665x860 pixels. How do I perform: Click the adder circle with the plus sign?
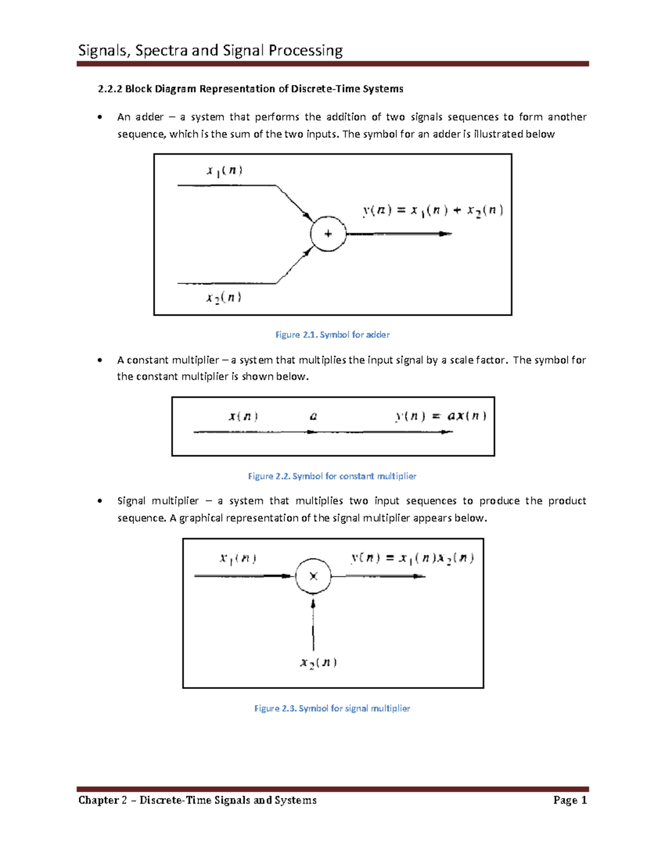click(328, 234)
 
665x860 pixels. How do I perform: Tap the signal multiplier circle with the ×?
click(313, 576)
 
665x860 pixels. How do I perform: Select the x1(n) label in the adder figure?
click(224, 171)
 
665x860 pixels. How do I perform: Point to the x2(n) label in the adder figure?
click(224, 298)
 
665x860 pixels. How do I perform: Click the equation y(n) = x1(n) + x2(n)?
click(433, 210)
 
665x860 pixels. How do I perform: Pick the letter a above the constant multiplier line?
click(313, 416)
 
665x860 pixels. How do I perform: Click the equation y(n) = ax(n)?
click(441, 416)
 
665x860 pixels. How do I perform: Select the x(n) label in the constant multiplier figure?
click(243, 416)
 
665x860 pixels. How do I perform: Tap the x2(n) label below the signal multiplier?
click(318, 663)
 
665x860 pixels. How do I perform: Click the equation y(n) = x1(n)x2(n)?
click(412, 558)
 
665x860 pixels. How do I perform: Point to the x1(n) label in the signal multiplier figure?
click(238, 558)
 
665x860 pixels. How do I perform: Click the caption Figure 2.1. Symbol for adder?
click(332, 334)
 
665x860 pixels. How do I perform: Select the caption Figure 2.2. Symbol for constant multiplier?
click(332, 476)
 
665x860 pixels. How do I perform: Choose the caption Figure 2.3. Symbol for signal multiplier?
click(332, 708)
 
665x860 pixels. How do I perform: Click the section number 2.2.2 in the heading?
click(109, 89)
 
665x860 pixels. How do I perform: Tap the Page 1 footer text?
click(570, 800)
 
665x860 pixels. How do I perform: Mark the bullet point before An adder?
click(100, 117)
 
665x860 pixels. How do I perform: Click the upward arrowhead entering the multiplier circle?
click(313, 604)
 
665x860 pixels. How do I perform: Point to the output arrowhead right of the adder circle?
click(446, 234)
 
